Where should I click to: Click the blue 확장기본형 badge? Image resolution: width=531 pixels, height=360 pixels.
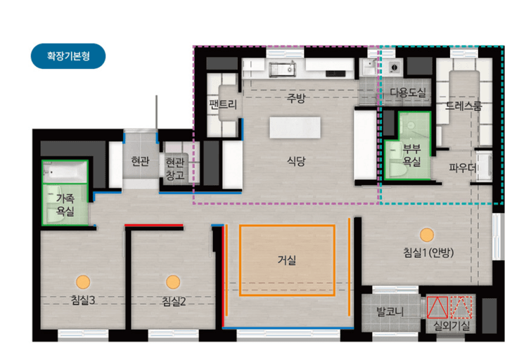(x=68, y=56)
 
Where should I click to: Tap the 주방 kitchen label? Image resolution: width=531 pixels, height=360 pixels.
(x=296, y=98)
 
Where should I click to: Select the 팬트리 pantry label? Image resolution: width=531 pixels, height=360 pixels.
(x=223, y=104)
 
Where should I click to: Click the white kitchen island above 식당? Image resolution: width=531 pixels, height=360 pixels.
(x=295, y=128)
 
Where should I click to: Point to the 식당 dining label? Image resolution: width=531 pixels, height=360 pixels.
(x=296, y=161)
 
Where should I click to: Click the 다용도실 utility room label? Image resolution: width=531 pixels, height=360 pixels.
(x=408, y=92)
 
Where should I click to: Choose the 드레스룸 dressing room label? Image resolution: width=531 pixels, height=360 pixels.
(x=463, y=106)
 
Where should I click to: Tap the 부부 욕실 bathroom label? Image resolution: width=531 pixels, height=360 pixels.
(x=412, y=155)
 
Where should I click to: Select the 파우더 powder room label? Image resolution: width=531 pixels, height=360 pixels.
(x=463, y=167)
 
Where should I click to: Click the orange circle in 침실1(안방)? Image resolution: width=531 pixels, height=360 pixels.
(x=427, y=235)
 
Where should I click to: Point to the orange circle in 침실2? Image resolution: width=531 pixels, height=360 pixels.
(x=173, y=282)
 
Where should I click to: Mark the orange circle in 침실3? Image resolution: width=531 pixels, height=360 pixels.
(x=83, y=282)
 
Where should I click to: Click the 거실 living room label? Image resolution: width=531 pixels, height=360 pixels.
(x=287, y=260)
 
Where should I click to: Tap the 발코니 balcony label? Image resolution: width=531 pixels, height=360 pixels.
(x=390, y=311)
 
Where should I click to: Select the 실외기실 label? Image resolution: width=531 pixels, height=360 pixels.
(x=452, y=326)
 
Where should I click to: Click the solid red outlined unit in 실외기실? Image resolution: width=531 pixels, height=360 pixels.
(x=437, y=307)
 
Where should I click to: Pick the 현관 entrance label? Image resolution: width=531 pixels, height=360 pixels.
(x=140, y=161)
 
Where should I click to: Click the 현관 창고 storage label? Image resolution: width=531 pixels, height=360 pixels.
(x=174, y=169)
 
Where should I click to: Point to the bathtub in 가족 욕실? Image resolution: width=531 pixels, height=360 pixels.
(x=65, y=172)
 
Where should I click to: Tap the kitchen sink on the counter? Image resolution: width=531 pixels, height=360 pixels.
(x=282, y=69)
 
